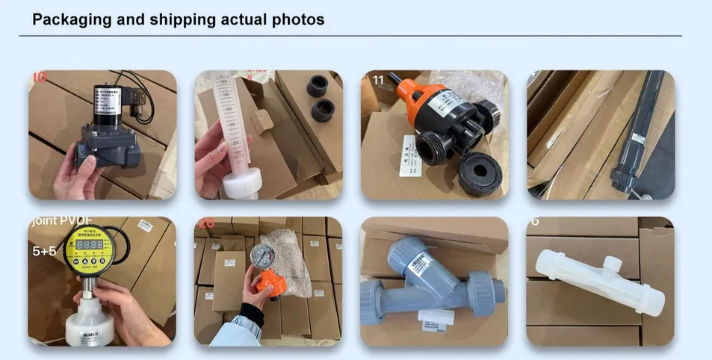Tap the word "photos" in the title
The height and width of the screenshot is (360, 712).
pyautogui.click(x=298, y=19)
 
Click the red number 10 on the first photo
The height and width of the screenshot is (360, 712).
pyautogui.click(x=39, y=77)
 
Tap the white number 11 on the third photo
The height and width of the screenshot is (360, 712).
pyautogui.click(x=377, y=79)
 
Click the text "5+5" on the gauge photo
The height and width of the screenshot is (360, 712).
pyautogui.click(x=44, y=252)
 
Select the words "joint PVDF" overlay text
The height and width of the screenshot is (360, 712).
pyautogui.click(x=60, y=222)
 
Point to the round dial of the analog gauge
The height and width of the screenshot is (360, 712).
pyautogui.click(x=262, y=255)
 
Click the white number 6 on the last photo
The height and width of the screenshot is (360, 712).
pyautogui.click(x=535, y=222)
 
